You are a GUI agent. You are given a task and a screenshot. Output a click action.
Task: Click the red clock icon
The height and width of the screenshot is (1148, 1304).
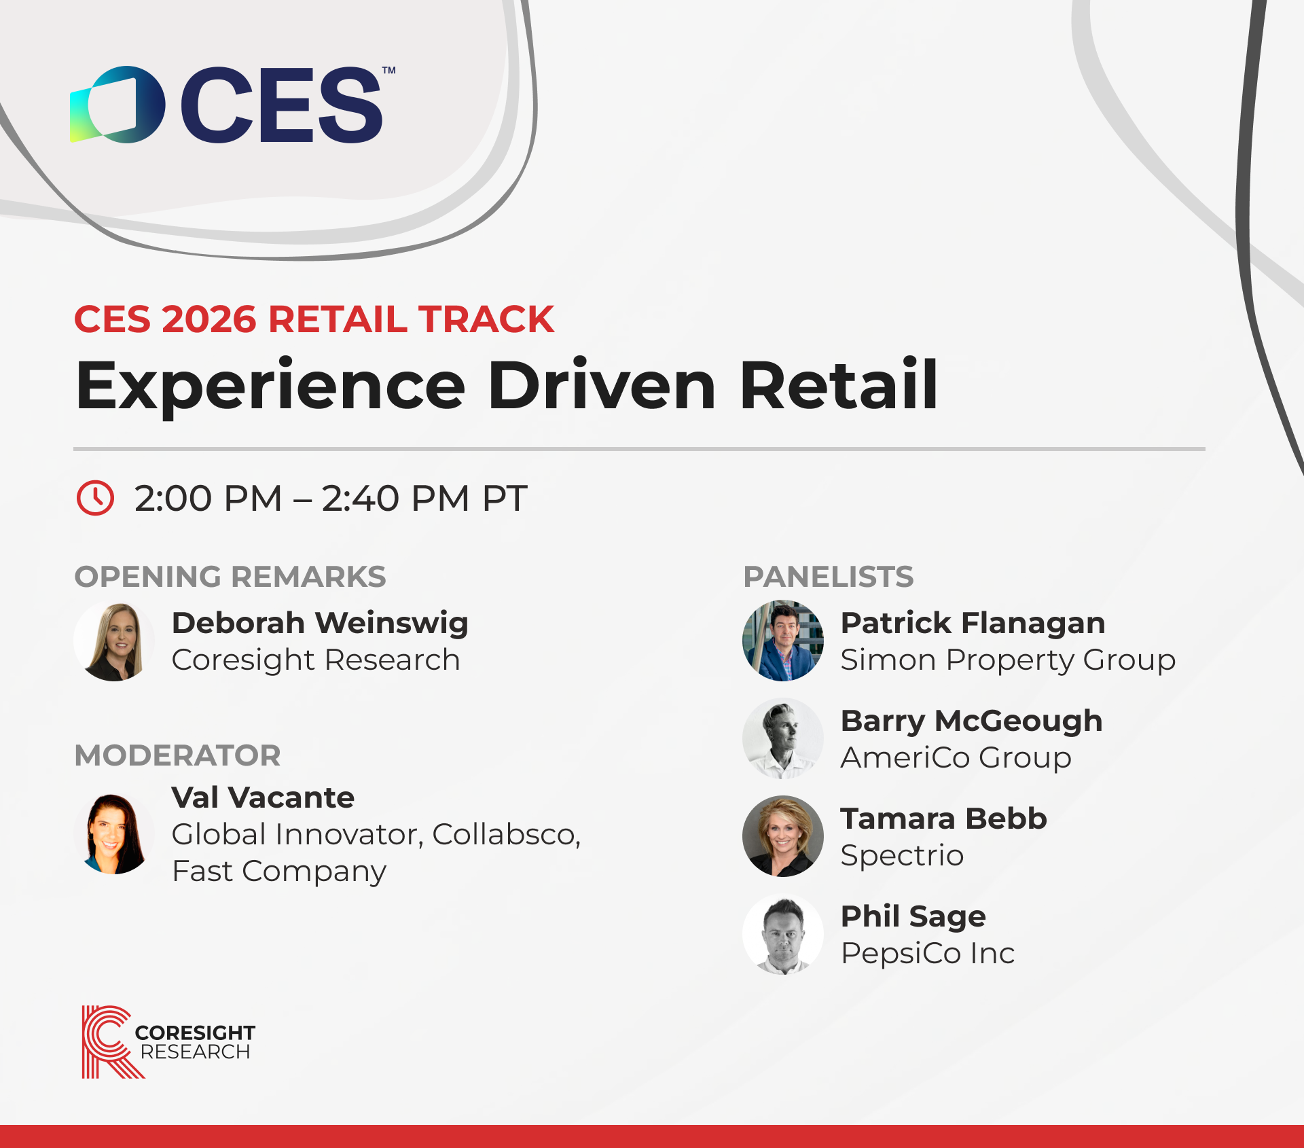tap(95, 498)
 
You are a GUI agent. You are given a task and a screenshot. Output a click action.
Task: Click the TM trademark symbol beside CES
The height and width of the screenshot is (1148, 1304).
tap(388, 71)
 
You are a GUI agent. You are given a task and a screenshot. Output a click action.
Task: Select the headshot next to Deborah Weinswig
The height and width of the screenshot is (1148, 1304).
tap(114, 641)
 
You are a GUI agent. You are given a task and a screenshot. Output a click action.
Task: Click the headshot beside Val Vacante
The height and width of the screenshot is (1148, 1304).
tap(114, 834)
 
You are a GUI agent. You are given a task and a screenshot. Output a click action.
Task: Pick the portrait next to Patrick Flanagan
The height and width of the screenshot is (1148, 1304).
tap(783, 641)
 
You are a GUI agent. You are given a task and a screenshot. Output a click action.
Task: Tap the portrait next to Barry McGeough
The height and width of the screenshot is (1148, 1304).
tap(783, 738)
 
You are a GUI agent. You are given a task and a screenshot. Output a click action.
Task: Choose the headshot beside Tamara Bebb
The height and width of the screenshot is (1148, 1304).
tap(783, 836)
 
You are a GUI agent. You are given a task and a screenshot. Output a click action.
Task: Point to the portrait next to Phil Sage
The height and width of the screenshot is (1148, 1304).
tap(783, 934)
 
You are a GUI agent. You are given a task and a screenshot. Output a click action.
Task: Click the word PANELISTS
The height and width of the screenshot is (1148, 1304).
tap(829, 577)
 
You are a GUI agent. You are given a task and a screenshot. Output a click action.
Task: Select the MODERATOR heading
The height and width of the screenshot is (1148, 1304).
tap(177, 755)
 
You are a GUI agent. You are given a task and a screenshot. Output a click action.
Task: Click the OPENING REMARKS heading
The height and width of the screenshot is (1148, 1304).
tap(230, 577)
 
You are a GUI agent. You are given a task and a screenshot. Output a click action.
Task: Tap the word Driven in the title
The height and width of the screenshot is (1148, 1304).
tap(602, 385)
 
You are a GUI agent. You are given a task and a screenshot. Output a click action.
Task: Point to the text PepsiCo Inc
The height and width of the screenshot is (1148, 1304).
tap(928, 954)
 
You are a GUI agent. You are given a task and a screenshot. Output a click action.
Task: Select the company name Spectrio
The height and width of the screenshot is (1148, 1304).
tap(902, 856)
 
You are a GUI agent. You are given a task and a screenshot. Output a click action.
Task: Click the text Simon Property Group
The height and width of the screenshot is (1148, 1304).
tap(1008, 660)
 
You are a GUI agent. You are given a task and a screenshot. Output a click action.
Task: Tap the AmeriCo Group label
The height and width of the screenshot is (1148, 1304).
tap(956, 758)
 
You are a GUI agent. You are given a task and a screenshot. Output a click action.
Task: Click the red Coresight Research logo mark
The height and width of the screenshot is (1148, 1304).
tap(109, 1041)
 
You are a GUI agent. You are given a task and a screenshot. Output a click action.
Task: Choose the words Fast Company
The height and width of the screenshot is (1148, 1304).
tap(279, 872)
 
